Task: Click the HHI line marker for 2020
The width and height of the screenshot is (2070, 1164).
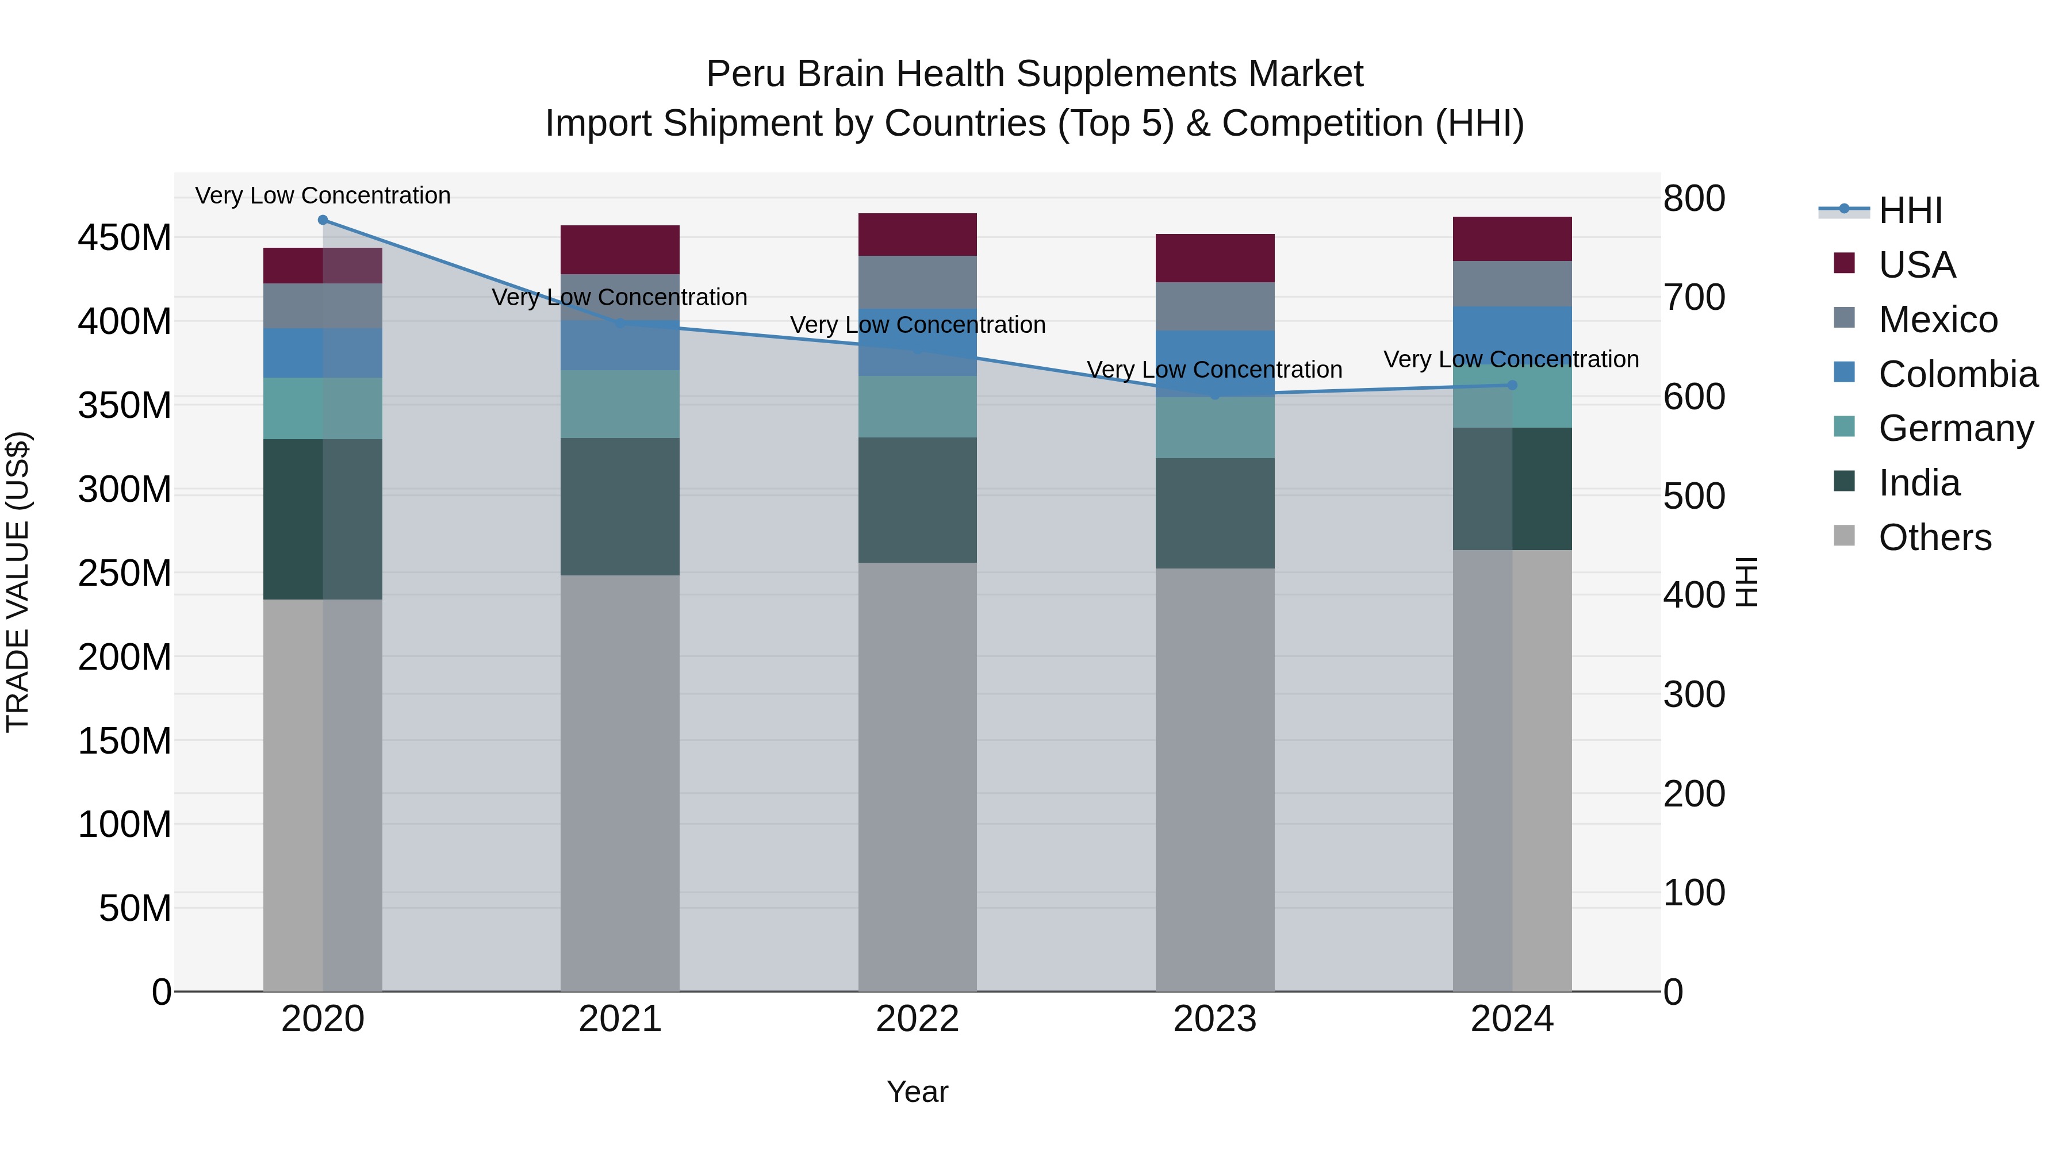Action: (323, 220)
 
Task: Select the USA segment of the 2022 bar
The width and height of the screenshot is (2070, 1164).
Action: (917, 235)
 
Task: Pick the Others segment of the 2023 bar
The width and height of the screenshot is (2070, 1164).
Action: (1214, 779)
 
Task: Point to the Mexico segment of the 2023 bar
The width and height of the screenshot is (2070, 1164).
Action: (1214, 306)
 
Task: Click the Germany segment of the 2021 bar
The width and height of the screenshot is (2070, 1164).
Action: (619, 404)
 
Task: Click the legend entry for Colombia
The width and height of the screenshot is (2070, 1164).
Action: (1957, 374)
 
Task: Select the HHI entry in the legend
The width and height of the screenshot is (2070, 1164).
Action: (1910, 210)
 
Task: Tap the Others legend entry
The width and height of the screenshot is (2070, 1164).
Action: (1934, 537)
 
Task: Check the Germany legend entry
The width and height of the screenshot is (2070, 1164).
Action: (1955, 429)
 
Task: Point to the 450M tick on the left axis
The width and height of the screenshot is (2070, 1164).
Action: (125, 239)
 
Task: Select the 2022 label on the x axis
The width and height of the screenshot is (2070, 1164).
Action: (917, 1019)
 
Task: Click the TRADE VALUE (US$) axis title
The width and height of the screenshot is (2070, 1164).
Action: (18, 582)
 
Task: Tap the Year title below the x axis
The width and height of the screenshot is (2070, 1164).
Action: (917, 1092)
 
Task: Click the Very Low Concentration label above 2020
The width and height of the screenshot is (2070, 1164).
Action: (323, 195)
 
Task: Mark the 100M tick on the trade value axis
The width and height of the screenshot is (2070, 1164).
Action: (125, 825)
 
